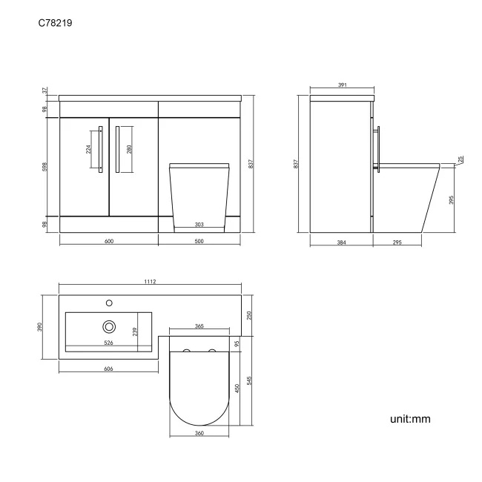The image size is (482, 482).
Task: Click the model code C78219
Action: tap(56, 24)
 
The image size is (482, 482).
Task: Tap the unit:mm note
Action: tap(410, 419)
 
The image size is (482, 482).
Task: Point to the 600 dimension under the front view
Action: tap(108, 241)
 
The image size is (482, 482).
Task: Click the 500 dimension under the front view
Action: tap(199, 241)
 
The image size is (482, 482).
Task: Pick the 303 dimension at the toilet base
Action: tap(199, 225)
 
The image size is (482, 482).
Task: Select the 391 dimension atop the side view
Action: tap(343, 86)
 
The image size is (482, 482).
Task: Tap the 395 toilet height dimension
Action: tap(451, 200)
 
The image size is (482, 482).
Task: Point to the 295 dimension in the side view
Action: tap(397, 242)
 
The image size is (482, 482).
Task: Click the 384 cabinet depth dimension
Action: tap(341, 242)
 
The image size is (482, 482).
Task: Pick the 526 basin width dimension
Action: tap(108, 343)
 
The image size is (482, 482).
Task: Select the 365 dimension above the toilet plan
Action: tap(199, 326)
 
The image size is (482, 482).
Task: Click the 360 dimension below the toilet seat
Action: tap(199, 433)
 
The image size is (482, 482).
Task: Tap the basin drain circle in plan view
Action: tap(110, 326)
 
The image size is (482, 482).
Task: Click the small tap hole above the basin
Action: tap(110, 303)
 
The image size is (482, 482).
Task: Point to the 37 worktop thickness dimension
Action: tap(44, 90)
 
